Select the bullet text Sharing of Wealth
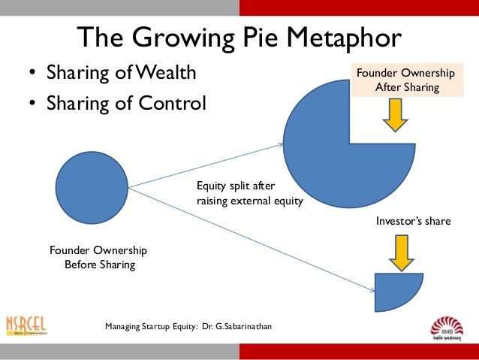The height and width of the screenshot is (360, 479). click(121, 74)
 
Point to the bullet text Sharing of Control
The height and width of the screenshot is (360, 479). click(125, 102)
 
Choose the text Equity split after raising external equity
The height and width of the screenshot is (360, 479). click(249, 192)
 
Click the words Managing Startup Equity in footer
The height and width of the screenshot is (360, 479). click(151, 327)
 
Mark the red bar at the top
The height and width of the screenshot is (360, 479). click(359, 7)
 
